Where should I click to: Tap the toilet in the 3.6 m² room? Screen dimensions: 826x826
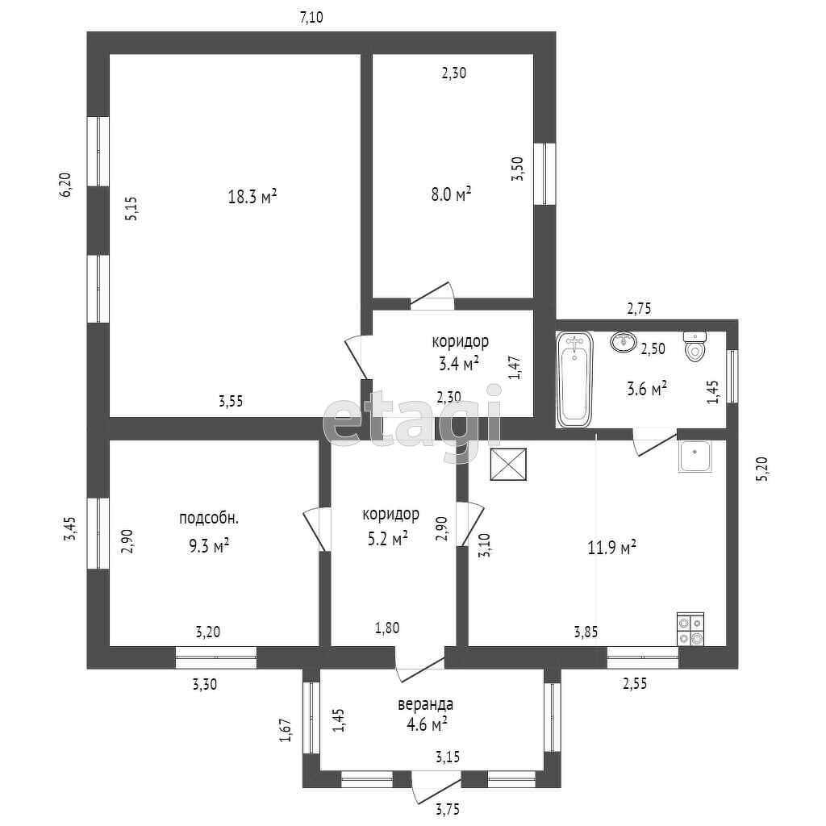695,347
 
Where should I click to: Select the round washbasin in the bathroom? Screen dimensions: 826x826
623,343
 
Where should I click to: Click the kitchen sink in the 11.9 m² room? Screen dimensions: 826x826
694,457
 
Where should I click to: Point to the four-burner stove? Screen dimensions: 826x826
690,629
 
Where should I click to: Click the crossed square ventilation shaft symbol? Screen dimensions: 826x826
507,465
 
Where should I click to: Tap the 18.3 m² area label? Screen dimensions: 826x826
252,196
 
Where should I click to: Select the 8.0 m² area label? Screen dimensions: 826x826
451,194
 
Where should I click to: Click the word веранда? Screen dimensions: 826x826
425,704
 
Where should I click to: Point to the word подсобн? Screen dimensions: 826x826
209,518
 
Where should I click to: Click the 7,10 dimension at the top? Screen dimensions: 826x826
311,18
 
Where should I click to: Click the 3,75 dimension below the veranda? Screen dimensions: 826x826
450,808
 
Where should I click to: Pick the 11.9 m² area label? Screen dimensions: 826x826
612,549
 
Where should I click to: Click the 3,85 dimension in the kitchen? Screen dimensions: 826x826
586,632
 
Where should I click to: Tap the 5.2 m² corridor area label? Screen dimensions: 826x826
387,539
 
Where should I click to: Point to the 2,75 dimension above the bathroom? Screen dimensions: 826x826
639,307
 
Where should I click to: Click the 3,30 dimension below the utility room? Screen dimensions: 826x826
204,685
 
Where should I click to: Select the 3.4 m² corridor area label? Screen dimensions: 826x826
459,362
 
